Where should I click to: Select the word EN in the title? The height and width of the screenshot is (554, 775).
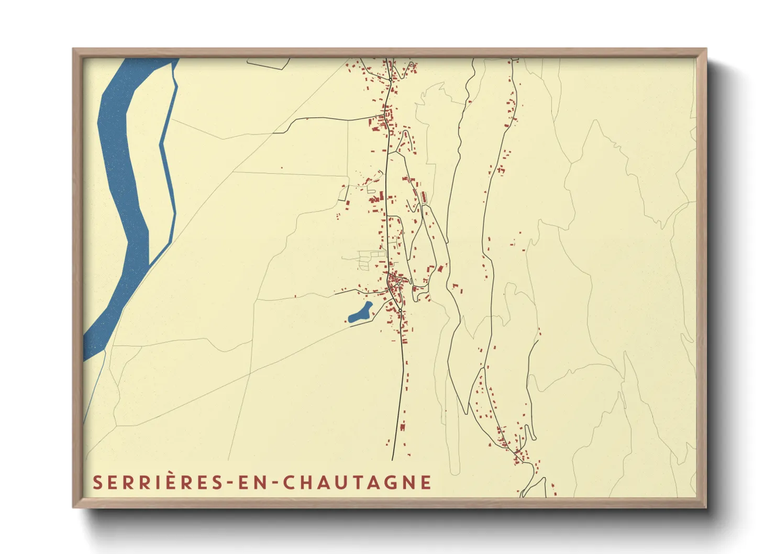(x=253, y=482)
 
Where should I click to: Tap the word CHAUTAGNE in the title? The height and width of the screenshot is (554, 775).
(x=358, y=482)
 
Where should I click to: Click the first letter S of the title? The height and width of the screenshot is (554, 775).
(x=97, y=482)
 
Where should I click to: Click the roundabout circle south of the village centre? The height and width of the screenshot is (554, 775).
(x=400, y=311)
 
